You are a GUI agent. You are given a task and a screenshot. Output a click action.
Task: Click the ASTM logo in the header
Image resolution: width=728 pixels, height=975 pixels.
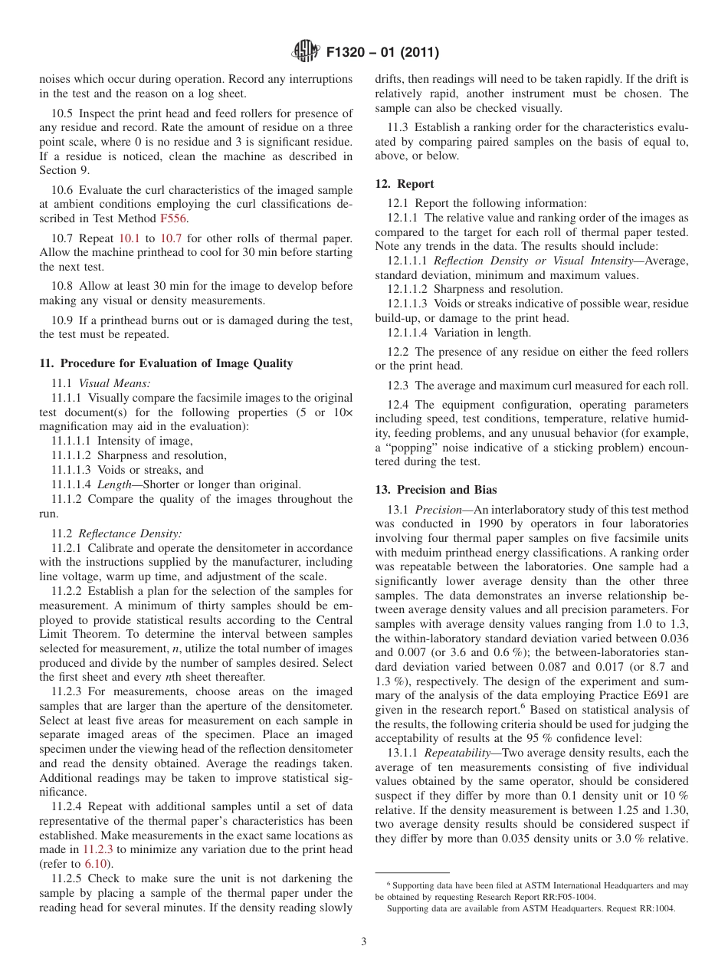pyautogui.click(x=305, y=53)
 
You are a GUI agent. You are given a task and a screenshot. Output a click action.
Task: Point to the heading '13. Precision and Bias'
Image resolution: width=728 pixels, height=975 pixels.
pyautogui.click(x=435, y=490)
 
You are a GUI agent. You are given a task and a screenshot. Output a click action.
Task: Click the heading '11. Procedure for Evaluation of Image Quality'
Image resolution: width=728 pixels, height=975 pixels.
pyautogui.click(x=166, y=363)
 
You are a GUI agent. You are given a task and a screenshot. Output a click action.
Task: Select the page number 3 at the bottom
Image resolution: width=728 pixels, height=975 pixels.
pyautogui.click(x=363, y=942)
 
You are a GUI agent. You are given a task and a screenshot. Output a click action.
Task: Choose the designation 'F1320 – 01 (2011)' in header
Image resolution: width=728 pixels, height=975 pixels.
pyautogui.click(x=382, y=53)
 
